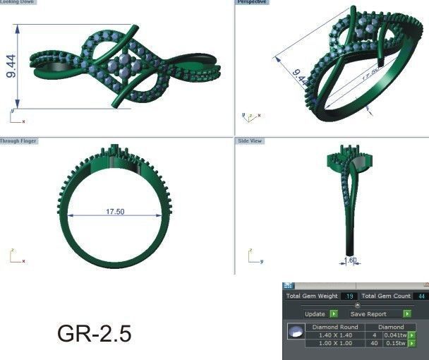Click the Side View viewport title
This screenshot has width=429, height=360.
[x=250, y=141]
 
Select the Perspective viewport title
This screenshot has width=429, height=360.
[x=253, y=3]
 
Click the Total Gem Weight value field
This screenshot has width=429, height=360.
[x=349, y=296]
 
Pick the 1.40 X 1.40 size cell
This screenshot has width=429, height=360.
[x=334, y=335]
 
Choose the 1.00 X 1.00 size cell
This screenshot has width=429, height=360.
[x=334, y=343]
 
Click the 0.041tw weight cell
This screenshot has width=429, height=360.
[x=396, y=335]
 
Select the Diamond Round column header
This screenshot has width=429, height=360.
[x=335, y=328]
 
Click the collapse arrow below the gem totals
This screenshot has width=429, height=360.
[x=356, y=305]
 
